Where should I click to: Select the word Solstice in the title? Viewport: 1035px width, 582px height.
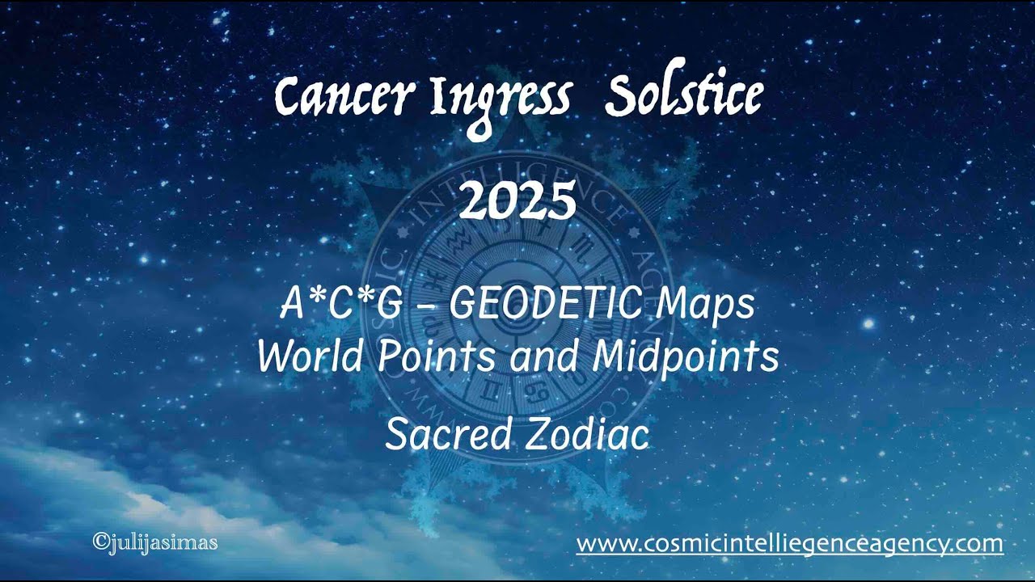pos(683,97)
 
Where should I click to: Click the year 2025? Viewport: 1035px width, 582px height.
pos(517,201)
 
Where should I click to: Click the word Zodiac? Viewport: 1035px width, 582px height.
pos(587,435)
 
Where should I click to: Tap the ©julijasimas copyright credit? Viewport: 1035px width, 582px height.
pos(155,542)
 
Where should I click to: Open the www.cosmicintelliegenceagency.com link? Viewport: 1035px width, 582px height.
pos(789,543)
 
